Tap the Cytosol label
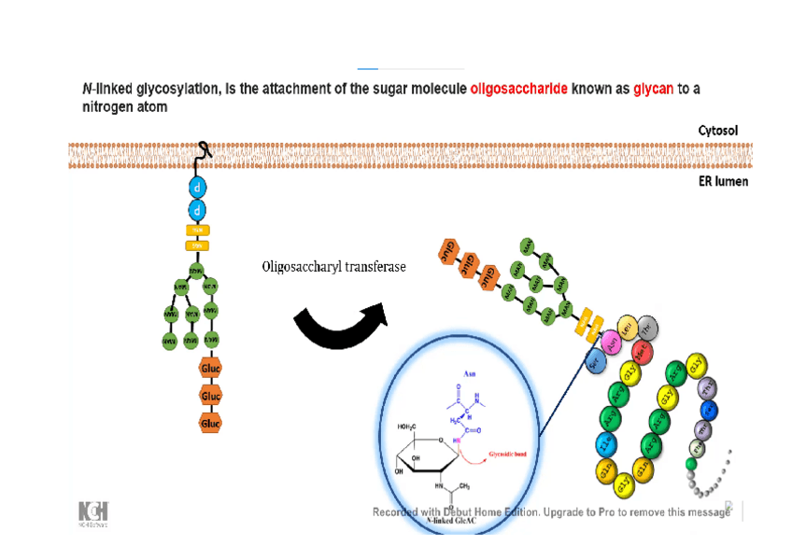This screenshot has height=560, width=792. click(717, 131)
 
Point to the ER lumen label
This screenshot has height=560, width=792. click(723, 181)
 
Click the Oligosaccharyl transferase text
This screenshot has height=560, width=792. click(333, 268)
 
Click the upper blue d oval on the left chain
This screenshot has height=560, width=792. click(197, 187)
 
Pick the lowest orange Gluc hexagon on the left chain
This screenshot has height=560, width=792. click(210, 424)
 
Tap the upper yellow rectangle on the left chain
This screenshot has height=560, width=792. click(197, 230)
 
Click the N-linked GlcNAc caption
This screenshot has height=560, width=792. click(452, 521)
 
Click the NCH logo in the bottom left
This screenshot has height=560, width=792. click(92, 512)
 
